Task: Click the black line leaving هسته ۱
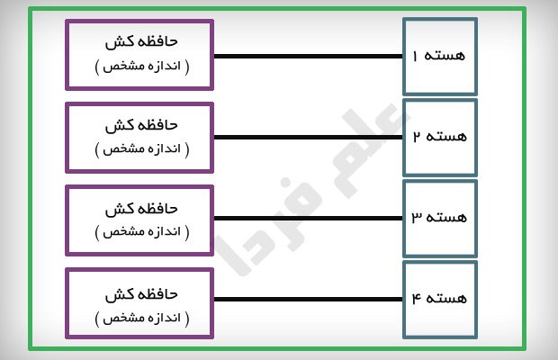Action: (308, 56)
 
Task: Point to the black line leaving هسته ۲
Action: (308, 138)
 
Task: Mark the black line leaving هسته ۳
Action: (308, 219)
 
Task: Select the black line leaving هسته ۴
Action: (308, 299)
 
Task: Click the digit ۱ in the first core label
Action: (415, 56)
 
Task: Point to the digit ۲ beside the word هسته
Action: (417, 136)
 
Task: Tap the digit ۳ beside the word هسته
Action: (417, 217)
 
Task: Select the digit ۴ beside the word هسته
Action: (417, 298)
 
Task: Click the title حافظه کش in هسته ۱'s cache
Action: (141, 41)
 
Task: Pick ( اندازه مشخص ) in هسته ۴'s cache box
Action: (142, 318)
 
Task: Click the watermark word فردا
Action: (267, 228)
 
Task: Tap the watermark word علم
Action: (370, 149)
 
